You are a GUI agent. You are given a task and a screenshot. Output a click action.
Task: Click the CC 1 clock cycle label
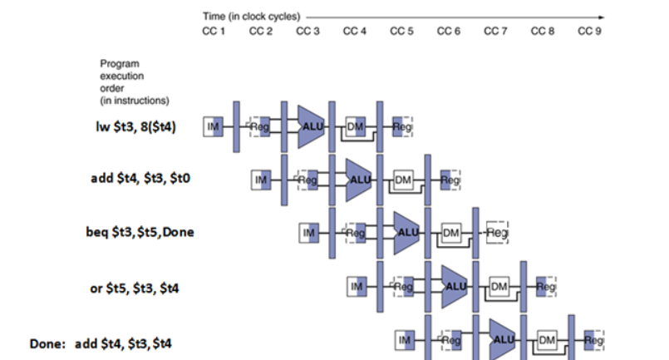pos(214,31)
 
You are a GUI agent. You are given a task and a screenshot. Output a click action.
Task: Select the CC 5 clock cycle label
pos(402,31)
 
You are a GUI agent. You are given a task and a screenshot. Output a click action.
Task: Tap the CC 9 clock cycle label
pos(589,31)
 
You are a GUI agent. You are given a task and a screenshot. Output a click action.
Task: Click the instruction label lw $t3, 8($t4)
pos(135,126)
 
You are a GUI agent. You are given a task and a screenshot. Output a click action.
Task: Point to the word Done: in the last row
pos(47,342)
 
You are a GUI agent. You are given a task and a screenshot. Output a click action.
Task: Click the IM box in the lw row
pos(214,126)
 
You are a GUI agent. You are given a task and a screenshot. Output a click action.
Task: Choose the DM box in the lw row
pos(356,126)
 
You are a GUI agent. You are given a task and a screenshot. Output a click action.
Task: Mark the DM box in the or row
pos(499,286)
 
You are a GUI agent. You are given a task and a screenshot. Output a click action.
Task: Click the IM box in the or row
pos(357,286)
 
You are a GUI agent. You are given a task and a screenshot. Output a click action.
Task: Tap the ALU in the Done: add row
pos(504,339)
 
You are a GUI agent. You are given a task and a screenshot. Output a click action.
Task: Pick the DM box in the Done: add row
pos(546,339)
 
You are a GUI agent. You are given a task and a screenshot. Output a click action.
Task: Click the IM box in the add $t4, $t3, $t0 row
pos(262,180)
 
